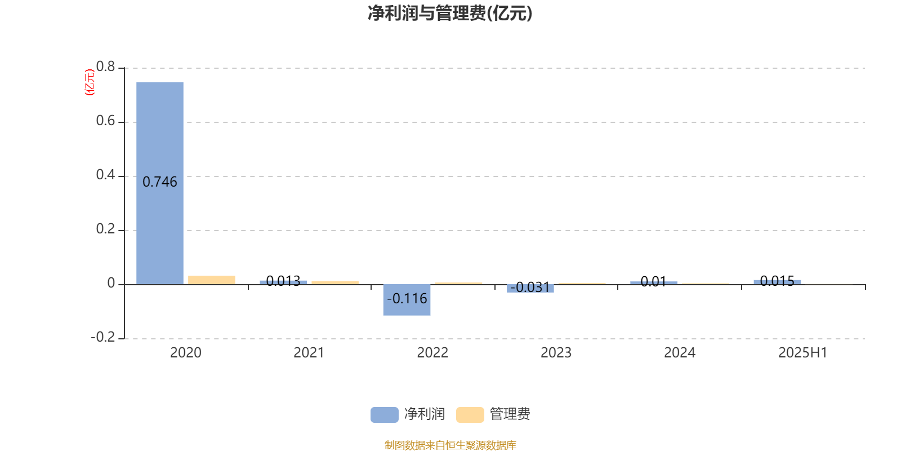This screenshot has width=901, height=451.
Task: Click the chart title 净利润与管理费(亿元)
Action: click(450, 14)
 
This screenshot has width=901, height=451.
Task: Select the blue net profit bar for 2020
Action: click(160, 183)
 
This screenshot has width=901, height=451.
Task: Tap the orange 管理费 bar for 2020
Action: click(212, 280)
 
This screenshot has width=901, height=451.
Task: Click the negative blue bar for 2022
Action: click(407, 300)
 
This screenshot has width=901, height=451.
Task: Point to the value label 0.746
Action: click(160, 182)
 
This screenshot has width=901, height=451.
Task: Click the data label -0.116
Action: click(407, 299)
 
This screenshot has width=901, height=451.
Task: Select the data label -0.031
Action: click(530, 288)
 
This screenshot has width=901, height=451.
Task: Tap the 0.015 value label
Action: click(777, 281)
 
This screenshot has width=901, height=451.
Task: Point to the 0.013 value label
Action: click(283, 281)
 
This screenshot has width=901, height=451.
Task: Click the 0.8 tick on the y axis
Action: click(105, 67)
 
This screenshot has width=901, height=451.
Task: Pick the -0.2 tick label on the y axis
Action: click(103, 337)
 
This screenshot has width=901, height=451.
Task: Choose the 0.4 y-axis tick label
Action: click(105, 175)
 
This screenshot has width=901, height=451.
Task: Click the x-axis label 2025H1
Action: click(803, 353)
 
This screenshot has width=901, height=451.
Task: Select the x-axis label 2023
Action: click(556, 353)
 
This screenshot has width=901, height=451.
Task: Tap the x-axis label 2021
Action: click(309, 353)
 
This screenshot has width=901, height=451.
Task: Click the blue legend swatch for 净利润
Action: click(385, 415)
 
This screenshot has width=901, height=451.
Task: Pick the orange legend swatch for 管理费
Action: click(470, 415)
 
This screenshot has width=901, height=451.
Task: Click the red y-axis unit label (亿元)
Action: click(90, 82)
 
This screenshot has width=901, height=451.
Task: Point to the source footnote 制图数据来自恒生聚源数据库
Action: click(450, 445)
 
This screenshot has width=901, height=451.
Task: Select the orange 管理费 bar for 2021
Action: click(335, 282)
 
